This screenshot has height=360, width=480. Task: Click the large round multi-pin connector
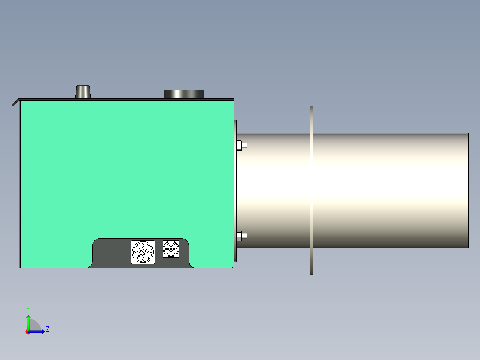(x=143, y=252)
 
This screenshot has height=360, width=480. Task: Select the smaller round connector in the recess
(x=171, y=249)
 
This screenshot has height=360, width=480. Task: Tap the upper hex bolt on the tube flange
(x=241, y=145)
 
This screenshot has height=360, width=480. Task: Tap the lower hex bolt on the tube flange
(x=241, y=236)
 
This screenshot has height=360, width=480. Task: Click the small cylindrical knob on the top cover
(x=82, y=92)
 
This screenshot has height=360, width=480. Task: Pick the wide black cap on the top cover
(x=184, y=94)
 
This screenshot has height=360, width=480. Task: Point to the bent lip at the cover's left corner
(x=15, y=103)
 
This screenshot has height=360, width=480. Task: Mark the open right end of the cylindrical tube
(x=468, y=191)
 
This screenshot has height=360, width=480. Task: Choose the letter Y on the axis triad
(x=28, y=309)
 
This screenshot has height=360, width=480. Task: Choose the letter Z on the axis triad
(x=48, y=330)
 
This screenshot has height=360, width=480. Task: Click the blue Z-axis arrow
(x=38, y=331)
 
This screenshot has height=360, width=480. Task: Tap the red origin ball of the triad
(x=28, y=332)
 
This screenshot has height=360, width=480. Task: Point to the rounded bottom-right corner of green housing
(x=232, y=266)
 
